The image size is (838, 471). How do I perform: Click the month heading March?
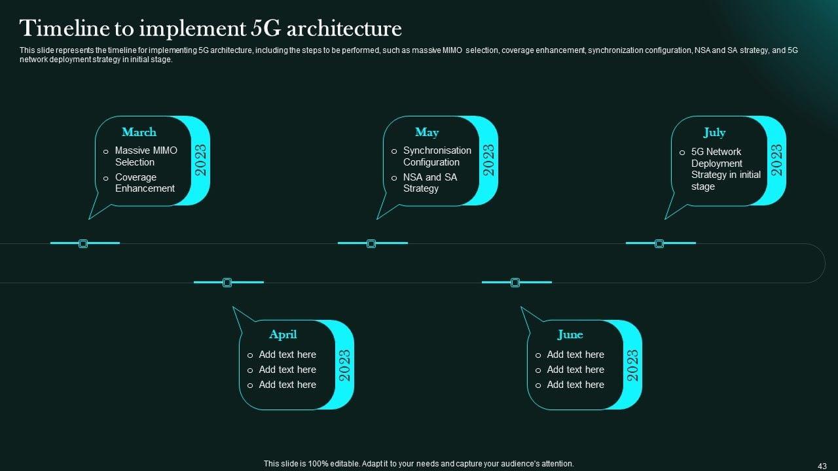(139, 132)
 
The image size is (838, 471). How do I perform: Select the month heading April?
(283, 334)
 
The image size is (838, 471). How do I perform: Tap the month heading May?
(427, 132)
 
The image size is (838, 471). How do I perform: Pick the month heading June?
(570, 334)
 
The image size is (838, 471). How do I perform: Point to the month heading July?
(714, 132)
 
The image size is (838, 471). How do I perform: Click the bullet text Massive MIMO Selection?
(145, 156)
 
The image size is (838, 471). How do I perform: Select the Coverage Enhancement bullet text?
(145, 183)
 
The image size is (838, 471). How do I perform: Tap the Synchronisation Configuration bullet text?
(437, 156)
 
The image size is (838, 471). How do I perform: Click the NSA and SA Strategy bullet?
(429, 183)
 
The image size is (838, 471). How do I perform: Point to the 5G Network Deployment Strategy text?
(725, 169)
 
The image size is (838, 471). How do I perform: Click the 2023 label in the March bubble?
(201, 160)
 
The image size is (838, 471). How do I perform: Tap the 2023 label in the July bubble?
(777, 160)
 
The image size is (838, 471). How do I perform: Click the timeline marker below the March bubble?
(83, 243)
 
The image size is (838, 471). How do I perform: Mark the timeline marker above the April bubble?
(227, 283)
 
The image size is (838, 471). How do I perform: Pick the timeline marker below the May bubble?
(371, 243)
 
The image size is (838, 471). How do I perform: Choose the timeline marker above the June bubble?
(515, 283)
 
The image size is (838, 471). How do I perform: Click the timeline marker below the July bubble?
(659, 243)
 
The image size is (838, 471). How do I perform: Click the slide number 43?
(822, 465)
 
